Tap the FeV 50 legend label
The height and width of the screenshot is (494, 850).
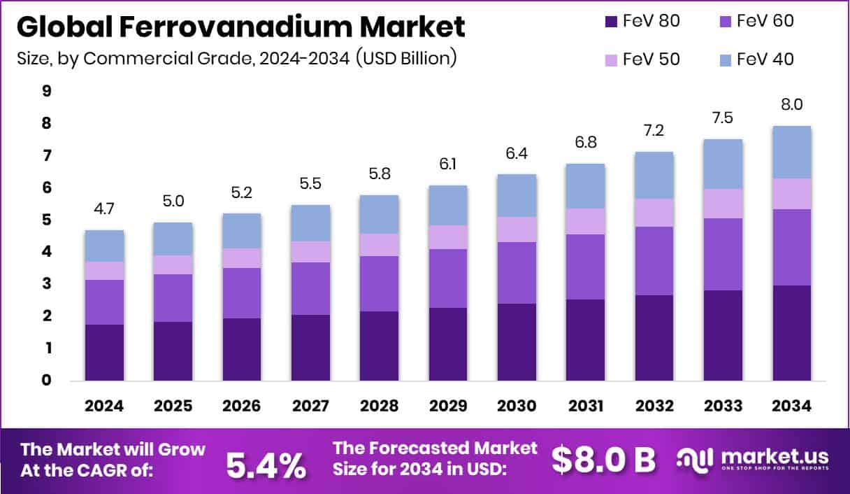pyautogui.click(x=649, y=59)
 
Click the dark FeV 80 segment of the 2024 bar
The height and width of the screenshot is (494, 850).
pyautogui.click(x=104, y=352)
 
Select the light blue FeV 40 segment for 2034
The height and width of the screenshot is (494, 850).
pyautogui.click(x=791, y=152)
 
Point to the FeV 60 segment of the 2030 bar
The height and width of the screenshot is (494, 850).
pyautogui.click(x=517, y=272)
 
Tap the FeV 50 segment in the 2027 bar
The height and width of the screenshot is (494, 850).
pyautogui.click(x=310, y=251)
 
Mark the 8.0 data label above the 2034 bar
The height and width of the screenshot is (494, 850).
pyautogui.click(x=791, y=105)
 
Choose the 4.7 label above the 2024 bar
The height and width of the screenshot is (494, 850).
pyautogui.click(x=104, y=208)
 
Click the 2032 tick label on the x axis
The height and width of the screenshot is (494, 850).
pyautogui.click(x=654, y=407)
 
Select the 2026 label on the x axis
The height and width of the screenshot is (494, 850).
pyautogui.click(x=242, y=407)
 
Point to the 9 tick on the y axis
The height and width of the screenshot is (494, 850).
pyautogui.click(x=46, y=91)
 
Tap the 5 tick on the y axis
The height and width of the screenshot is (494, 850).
pyautogui.click(x=46, y=220)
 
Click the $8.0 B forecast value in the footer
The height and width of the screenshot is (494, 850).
pyautogui.click(x=603, y=460)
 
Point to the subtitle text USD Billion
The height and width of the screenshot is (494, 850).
pyautogui.click(x=406, y=57)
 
